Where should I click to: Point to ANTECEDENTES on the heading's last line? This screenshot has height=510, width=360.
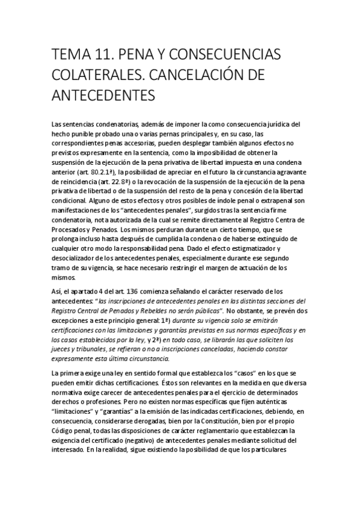[104, 96]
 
